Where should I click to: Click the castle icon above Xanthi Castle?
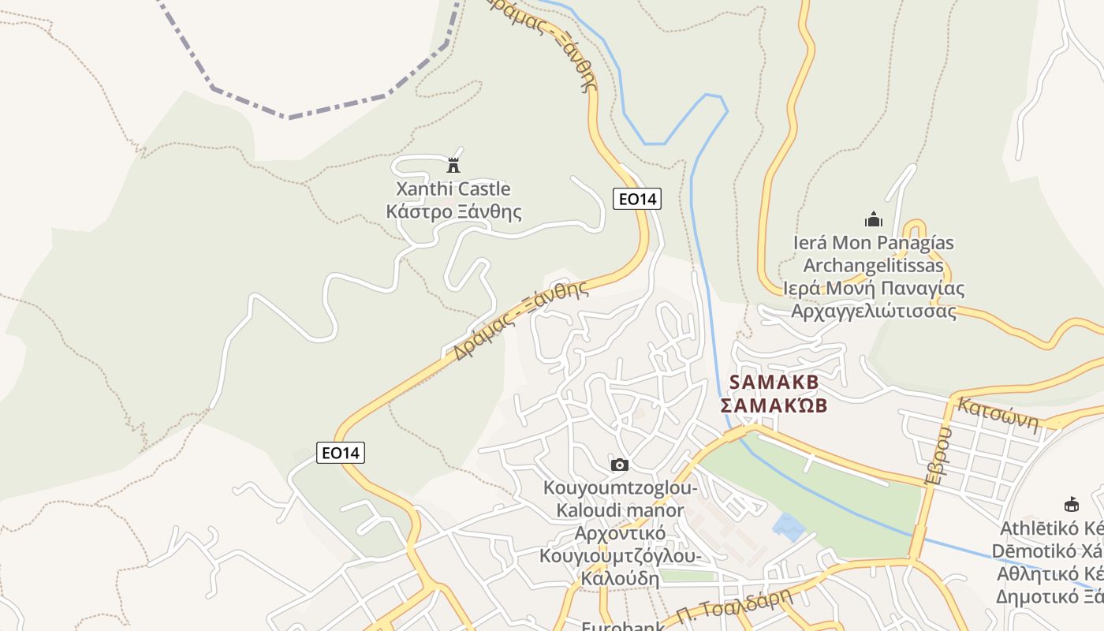pyautogui.click(x=453, y=166)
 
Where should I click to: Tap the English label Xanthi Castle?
pyautogui.click(x=453, y=189)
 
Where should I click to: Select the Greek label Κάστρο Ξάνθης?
pyautogui.click(x=453, y=211)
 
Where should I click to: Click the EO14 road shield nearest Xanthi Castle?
pyautogui.click(x=637, y=199)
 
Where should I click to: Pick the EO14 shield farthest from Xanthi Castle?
pyautogui.click(x=341, y=453)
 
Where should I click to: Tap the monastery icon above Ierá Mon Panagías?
pyautogui.click(x=873, y=219)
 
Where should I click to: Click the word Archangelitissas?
pyautogui.click(x=873, y=265)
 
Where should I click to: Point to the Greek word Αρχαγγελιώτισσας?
pyautogui.click(x=874, y=311)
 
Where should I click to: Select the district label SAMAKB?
pyautogui.click(x=774, y=382)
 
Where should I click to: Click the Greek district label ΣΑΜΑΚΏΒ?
pyautogui.click(x=774, y=405)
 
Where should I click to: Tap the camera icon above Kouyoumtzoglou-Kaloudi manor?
pyautogui.click(x=620, y=465)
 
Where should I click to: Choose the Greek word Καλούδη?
pyautogui.click(x=620, y=578)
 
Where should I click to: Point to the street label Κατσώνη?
pyautogui.click(x=998, y=412)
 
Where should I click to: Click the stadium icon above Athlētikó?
pyautogui.click(x=1071, y=504)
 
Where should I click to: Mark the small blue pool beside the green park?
pyautogui.click(x=789, y=526)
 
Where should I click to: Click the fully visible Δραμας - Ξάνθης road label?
pyautogui.click(x=521, y=319)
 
